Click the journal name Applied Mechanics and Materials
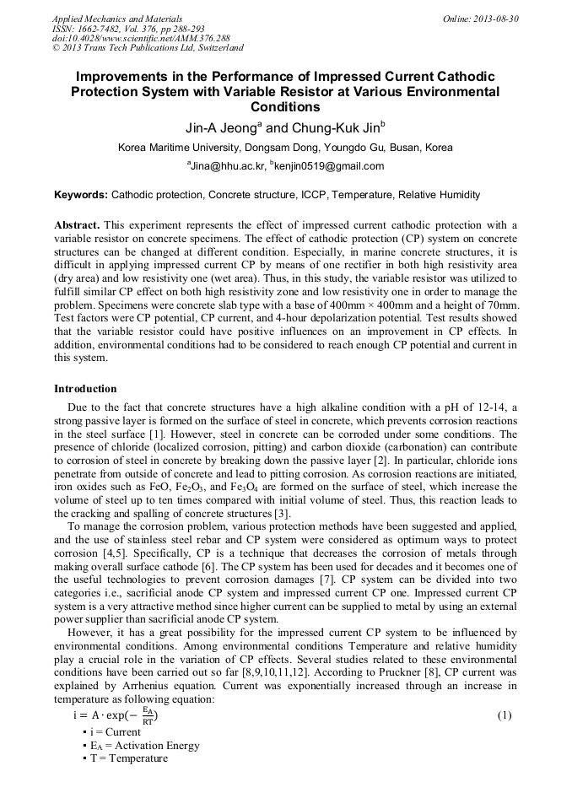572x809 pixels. pos(116,19)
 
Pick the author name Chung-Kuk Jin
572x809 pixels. pos(334,128)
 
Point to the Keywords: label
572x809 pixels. pos(81,195)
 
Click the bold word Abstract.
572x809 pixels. pos(76,225)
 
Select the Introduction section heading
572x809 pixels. pos(85,389)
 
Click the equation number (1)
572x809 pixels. pos(505,715)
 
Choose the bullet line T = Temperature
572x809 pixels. pos(125,759)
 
